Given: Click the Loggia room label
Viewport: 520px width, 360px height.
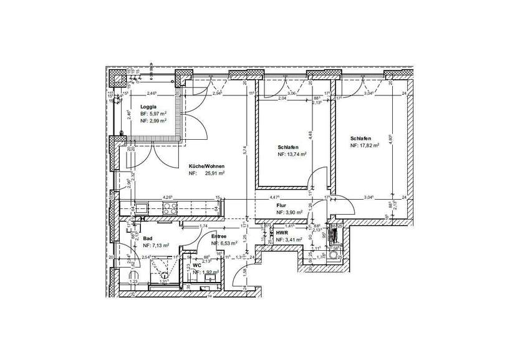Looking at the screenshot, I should (x=140, y=107).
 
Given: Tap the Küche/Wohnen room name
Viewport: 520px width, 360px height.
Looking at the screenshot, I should (x=206, y=167).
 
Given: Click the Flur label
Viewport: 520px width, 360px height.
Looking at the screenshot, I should (x=281, y=205).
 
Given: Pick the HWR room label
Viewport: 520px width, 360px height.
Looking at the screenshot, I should (x=281, y=232).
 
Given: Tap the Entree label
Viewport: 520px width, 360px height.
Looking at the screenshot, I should (x=218, y=236).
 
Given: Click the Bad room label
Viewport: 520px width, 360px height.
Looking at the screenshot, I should (x=148, y=238).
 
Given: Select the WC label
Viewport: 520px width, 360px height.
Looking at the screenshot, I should (x=196, y=265).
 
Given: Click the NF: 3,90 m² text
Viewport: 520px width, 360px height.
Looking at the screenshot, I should (x=289, y=212).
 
